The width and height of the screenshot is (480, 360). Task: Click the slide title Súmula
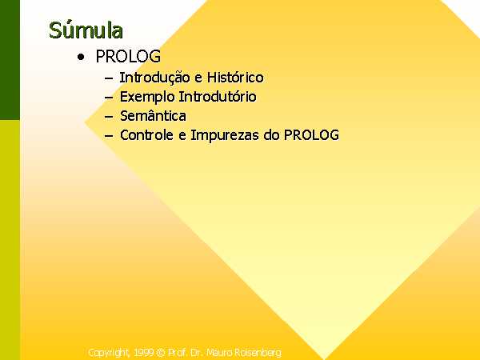pyautogui.click(x=86, y=30)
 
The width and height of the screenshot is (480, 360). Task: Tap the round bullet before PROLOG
pyautogui.click(x=81, y=57)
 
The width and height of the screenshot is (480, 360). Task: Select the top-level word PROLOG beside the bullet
pyautogui.click(x=128, y=56)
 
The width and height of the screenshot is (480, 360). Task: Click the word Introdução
pyautogui.click(x=155, y=77)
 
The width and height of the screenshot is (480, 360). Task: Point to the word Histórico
pyautogui.click(x=235, y=77)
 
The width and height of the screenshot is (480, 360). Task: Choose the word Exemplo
pyautogui.click(x=147, y=97)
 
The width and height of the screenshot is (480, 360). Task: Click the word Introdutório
pyautogui.click(x=218, y=97)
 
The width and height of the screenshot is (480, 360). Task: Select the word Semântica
pyautogui.click(x=153, y=116)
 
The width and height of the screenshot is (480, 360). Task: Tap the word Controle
pyautogui.click(x=146, y=135)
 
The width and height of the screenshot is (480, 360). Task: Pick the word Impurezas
pyautogui.click(x=225, y=136)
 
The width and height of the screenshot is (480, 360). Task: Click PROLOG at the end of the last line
pyautogui.click(x=312, y=135)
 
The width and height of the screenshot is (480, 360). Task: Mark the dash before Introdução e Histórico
pyautogui.click(x=109, y=78)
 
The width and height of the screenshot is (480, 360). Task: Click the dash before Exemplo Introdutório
pyautogui.click(x=109, y=98)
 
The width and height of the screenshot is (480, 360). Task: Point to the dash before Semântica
pyautogui.click(x=109, y=117)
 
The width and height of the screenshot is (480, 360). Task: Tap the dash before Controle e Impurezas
pyautogui.click(x=109, y=136)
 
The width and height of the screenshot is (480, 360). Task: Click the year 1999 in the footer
pyautogui.click(x=143, y=352)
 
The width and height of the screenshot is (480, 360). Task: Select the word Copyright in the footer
pyautogui.click(x=109, y=353)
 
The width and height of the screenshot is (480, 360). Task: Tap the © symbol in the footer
pyautogui.click(x=161, y=353)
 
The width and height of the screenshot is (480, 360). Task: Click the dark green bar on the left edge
pyautogui.click(x=10, y=60)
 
